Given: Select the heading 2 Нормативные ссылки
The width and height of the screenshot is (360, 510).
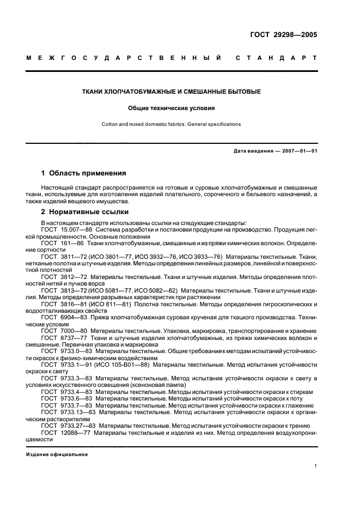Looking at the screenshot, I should click(x=83, y=211).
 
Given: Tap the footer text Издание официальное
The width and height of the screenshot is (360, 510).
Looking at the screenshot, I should click(x=57, y=454).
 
